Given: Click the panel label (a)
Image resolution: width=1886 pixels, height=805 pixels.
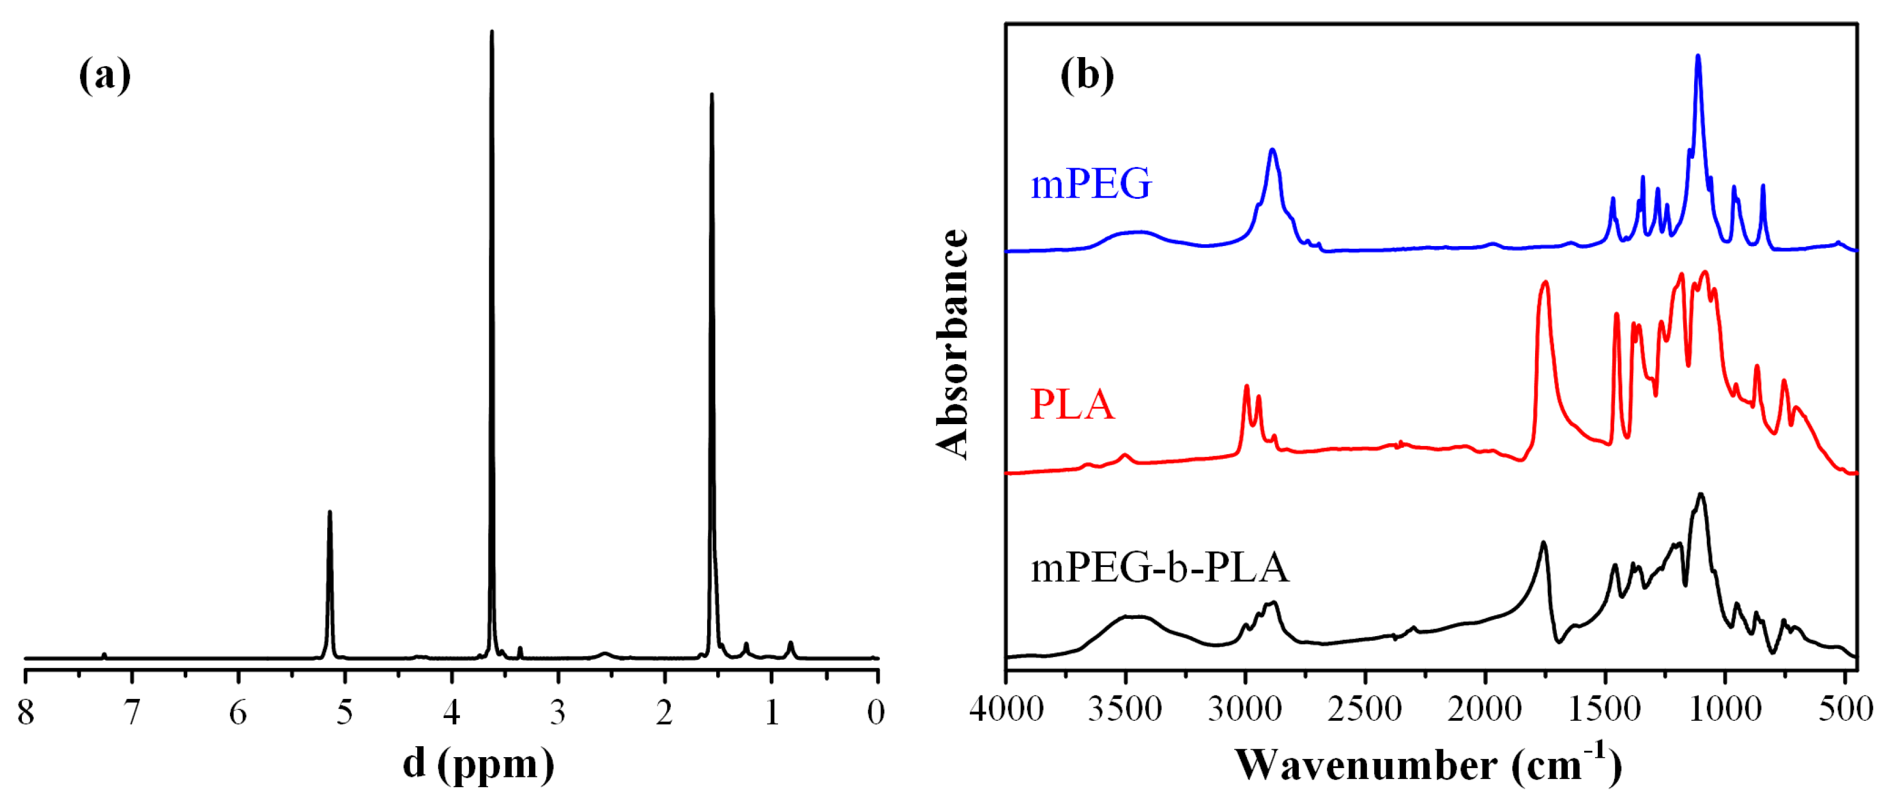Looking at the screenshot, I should click(x=105, y=75).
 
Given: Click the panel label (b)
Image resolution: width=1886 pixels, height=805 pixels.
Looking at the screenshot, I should click(x=1087, y=75).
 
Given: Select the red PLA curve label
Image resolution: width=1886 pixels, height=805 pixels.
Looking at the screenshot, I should click(x=1072, y=404).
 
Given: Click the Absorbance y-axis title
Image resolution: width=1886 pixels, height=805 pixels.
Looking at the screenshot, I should click(x=953, y=344).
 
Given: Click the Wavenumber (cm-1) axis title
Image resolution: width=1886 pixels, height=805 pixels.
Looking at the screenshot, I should click(x=1428, y=765).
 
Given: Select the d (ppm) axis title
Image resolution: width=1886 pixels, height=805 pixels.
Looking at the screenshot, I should click(x=479, y=764).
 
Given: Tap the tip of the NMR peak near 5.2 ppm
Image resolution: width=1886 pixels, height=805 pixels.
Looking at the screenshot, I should click(x=330, y=513).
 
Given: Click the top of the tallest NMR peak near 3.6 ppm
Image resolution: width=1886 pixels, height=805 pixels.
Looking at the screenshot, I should click(x=492, y=32).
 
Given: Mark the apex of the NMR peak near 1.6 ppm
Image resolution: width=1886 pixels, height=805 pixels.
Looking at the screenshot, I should click(x=711, y=95).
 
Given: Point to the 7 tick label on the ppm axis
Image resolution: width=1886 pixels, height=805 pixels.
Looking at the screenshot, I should click(x=132, y=711).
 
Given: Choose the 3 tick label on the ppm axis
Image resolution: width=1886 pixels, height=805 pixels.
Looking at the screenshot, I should click(x=558, y=711).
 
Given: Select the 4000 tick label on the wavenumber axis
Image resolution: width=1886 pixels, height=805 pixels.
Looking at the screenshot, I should click(x=1006, y=708).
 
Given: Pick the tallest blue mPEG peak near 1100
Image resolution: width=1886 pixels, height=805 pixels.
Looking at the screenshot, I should click(x=1698, y=56).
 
